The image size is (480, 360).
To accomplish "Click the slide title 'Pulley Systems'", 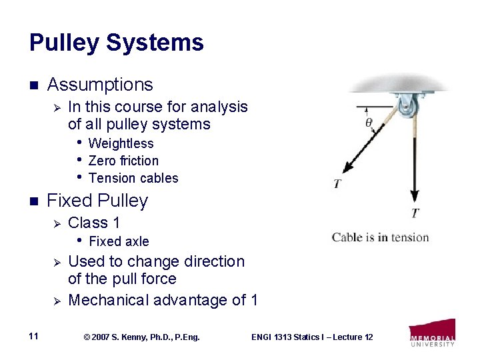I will (x=116, y=43).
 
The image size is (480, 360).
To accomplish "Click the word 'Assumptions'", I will (x=100, y=85).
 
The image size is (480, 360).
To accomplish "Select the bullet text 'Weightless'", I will (x=121, y=143).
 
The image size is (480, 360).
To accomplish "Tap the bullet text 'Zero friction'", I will (x=123, y=161).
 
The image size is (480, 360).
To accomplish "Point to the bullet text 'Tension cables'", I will (x=133, y=178).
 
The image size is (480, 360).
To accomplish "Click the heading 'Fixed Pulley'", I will (x=97, y=201).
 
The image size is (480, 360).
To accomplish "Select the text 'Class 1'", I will (x=94, y=223).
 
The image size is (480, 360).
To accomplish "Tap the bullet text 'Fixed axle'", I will (x=119, y=241).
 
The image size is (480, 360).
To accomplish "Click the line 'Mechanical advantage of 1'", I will (x=163, y=300).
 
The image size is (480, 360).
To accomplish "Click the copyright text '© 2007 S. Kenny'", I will (x=142, y=337).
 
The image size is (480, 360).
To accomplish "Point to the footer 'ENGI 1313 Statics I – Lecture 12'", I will (x=312, y=337).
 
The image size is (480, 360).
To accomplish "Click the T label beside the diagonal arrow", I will (x=337, y=183).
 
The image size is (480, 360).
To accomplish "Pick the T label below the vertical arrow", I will (x=415, y=213).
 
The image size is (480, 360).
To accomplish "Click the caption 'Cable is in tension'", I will (x=380, y=237).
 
